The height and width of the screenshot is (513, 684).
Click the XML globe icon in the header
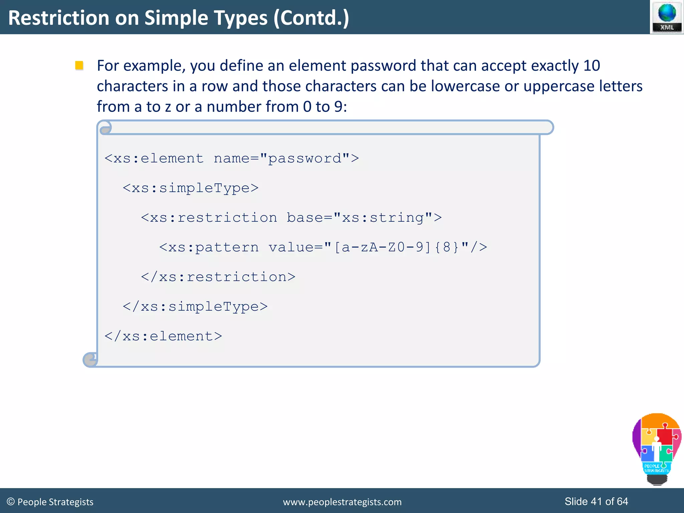coord(667,17)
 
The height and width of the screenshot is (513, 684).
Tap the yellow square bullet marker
coord(79,65)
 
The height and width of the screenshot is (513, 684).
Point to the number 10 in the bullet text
coord(591,65)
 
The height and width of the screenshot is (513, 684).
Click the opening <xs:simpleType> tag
coord(190,188)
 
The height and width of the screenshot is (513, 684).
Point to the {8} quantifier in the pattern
coord(447,247)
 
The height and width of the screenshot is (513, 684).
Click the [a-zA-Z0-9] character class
coord(383,247)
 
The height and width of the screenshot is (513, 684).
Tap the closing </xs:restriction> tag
coord(218,277)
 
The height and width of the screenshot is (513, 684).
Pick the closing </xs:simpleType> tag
coord(195,307)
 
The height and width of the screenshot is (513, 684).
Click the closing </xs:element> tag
coord(163,336)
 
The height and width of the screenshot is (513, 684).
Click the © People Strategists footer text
coord(50,502)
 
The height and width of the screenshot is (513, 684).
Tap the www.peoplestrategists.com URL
coord(342,502)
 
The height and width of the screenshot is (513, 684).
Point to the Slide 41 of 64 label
coord(596,501)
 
